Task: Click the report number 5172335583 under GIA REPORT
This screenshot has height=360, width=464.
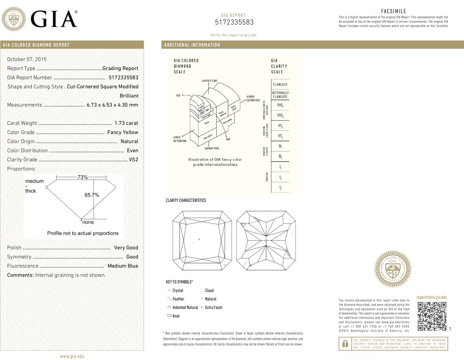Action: point(234,22)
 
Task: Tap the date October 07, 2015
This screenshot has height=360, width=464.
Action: point(27,59)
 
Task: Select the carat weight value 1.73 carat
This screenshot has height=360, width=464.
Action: point(126,123)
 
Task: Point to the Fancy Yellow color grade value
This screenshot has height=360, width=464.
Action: point(122,132)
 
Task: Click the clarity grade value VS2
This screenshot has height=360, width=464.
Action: point(134,160)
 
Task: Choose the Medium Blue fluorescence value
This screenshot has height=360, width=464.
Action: point(123,266)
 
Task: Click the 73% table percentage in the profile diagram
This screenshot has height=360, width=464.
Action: point(83,177)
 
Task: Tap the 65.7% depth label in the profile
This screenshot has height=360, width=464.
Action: point(92,195)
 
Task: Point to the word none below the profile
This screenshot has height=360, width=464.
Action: point(88,222)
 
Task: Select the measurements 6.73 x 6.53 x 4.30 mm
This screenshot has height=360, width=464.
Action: point(112,105)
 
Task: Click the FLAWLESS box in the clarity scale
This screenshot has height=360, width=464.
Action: point(280,84)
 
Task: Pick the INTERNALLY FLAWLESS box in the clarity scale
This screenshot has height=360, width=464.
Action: point(280,95)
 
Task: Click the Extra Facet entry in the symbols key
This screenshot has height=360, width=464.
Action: point(213,308)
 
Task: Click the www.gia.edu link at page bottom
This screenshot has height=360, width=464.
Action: point(71,356)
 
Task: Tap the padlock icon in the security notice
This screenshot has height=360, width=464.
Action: point(345,344)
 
